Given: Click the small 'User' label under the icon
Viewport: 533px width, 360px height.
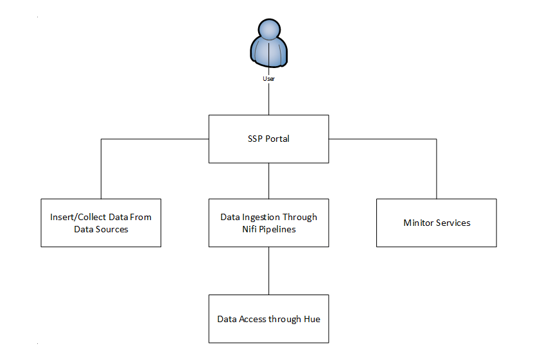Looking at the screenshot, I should click(268, 78).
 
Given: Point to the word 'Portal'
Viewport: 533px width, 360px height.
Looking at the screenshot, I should click(277, 139).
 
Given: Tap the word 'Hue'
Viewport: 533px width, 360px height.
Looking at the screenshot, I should click(311, 319).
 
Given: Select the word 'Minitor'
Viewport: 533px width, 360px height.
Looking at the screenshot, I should click(419, 223).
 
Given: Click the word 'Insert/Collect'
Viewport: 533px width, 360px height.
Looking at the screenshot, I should click(78, 217).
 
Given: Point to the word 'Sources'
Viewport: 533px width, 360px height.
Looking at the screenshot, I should click(113, 229).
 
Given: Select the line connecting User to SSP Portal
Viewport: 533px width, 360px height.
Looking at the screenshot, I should click(268, 99).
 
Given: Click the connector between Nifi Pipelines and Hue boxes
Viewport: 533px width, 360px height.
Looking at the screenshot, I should click(268, 270).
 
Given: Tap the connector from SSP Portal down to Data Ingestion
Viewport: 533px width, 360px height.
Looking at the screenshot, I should click(268, 180).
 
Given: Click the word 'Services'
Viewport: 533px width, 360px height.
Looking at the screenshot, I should click(453, 223).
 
